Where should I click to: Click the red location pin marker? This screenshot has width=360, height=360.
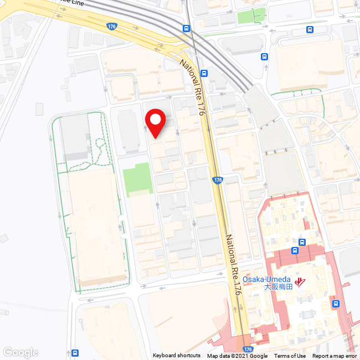click(x=156, y=121)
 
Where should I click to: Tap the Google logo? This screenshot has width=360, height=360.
click(x=20, y=353)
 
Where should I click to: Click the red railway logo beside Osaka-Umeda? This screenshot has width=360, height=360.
click(x=301, y=282)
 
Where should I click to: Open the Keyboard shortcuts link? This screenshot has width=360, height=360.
click(x=177, y=356)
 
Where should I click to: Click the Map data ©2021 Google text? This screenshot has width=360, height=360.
click(x=237, y=356)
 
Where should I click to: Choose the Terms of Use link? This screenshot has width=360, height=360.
click(x=290, y=356)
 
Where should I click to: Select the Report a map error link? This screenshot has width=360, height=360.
click(x=335, y=356)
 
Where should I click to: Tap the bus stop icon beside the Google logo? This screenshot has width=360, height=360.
click(x=75, y=353)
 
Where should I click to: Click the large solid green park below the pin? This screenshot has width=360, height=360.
click(x=137, y=179)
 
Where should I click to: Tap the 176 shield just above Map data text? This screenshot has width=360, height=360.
click(x=247, y=349)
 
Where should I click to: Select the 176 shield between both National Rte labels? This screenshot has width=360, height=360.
click(x=218, y=181)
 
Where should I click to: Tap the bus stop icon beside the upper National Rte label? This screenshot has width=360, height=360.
click(x=204, y=73)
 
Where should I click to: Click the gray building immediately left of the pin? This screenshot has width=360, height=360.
click(x=129, y=131)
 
